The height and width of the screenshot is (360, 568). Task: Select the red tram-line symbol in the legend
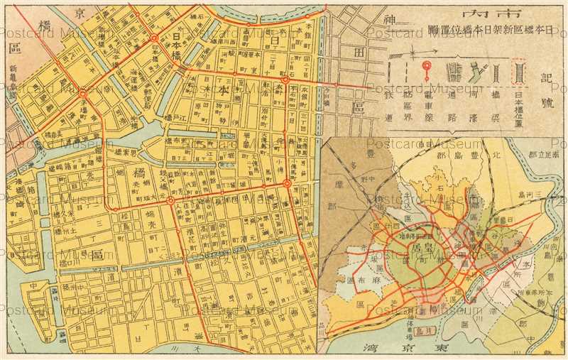(427, 71)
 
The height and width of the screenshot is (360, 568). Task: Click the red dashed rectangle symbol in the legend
(520, 72)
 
